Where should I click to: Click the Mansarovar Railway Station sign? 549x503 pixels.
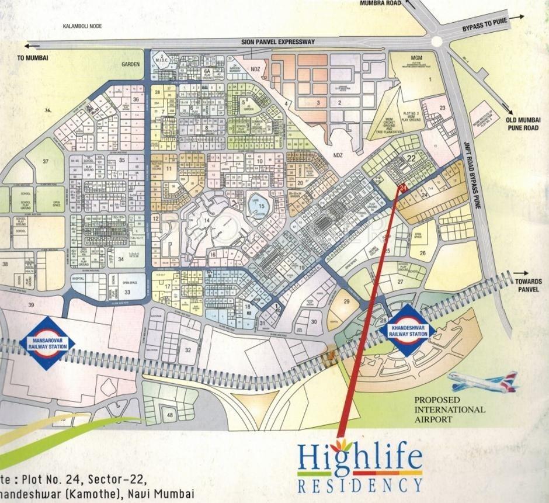tap(47, 343)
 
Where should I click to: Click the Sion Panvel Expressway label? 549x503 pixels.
tap(278, 42)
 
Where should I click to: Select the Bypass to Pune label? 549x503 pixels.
tap(484, 24)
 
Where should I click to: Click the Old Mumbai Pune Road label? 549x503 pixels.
tap(523, 123)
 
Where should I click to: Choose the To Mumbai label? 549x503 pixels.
tap(32, 58)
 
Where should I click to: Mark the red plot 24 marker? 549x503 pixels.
tap(403, 187)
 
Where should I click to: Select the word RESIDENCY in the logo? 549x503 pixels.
tap(359, 485)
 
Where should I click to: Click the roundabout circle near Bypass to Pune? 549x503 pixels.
tap(437, 41)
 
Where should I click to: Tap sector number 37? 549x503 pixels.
tap(46, 162)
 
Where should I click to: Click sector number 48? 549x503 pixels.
tap(170, 415)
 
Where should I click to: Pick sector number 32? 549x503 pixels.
tap(188, 349)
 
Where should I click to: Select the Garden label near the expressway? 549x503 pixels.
tap(131, 64)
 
